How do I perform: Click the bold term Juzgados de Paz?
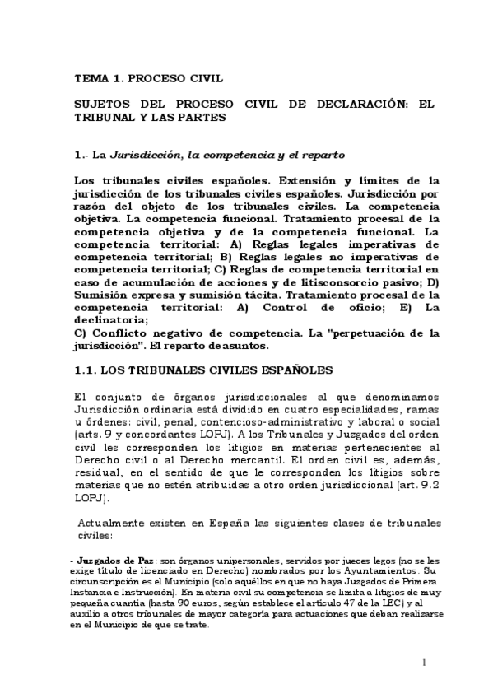[111, 560]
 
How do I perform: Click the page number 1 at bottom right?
[423, 662]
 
